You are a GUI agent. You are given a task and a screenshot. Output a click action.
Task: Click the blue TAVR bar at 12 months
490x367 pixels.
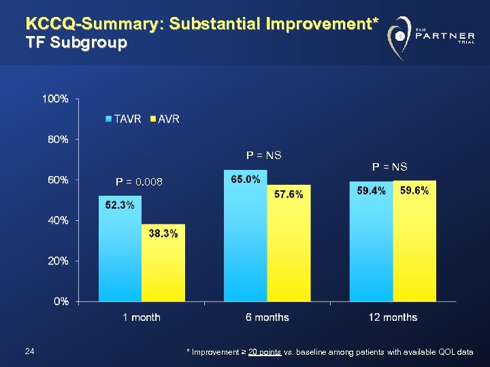click(371, 241)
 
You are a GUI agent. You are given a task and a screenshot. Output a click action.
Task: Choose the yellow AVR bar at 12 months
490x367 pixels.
click(414, 241)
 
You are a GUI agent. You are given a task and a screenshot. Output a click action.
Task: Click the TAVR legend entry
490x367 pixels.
click(124, 119)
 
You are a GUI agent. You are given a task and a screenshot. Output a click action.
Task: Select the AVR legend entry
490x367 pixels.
click(165, 119)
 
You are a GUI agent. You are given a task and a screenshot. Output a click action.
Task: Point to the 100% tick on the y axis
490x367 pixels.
click(55, 99)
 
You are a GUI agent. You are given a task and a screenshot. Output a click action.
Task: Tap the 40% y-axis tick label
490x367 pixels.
click(57, 220)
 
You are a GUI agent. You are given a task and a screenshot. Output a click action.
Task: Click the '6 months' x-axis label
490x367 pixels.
click(267, 317)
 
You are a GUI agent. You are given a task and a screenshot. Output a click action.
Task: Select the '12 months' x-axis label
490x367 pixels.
click(393, 317)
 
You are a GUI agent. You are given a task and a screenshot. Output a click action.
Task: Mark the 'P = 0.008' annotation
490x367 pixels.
click(140, 181)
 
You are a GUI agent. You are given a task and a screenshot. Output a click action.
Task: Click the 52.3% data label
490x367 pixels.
click(120, 206)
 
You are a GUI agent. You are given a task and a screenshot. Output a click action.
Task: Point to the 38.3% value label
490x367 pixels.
click(163, 234)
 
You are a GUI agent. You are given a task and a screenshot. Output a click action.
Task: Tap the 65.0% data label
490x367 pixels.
click(245, 179)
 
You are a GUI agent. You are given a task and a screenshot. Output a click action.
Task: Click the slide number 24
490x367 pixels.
click(29, 351)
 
